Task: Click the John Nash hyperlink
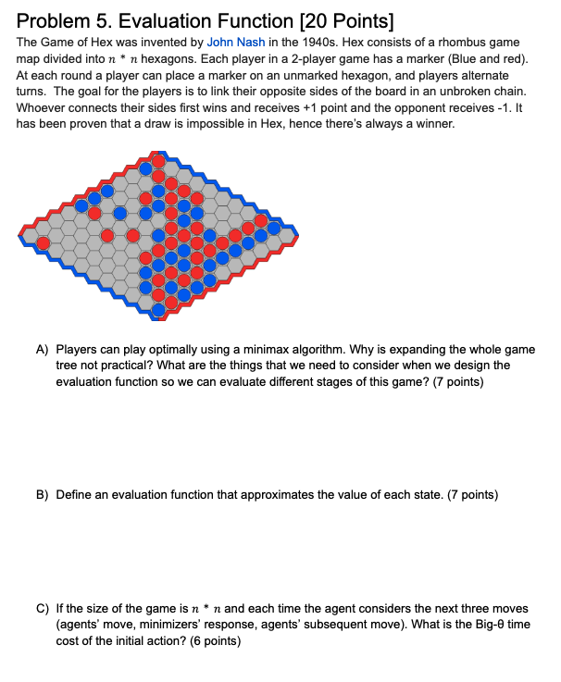click(237, 43)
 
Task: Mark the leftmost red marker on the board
click(44, 243)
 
